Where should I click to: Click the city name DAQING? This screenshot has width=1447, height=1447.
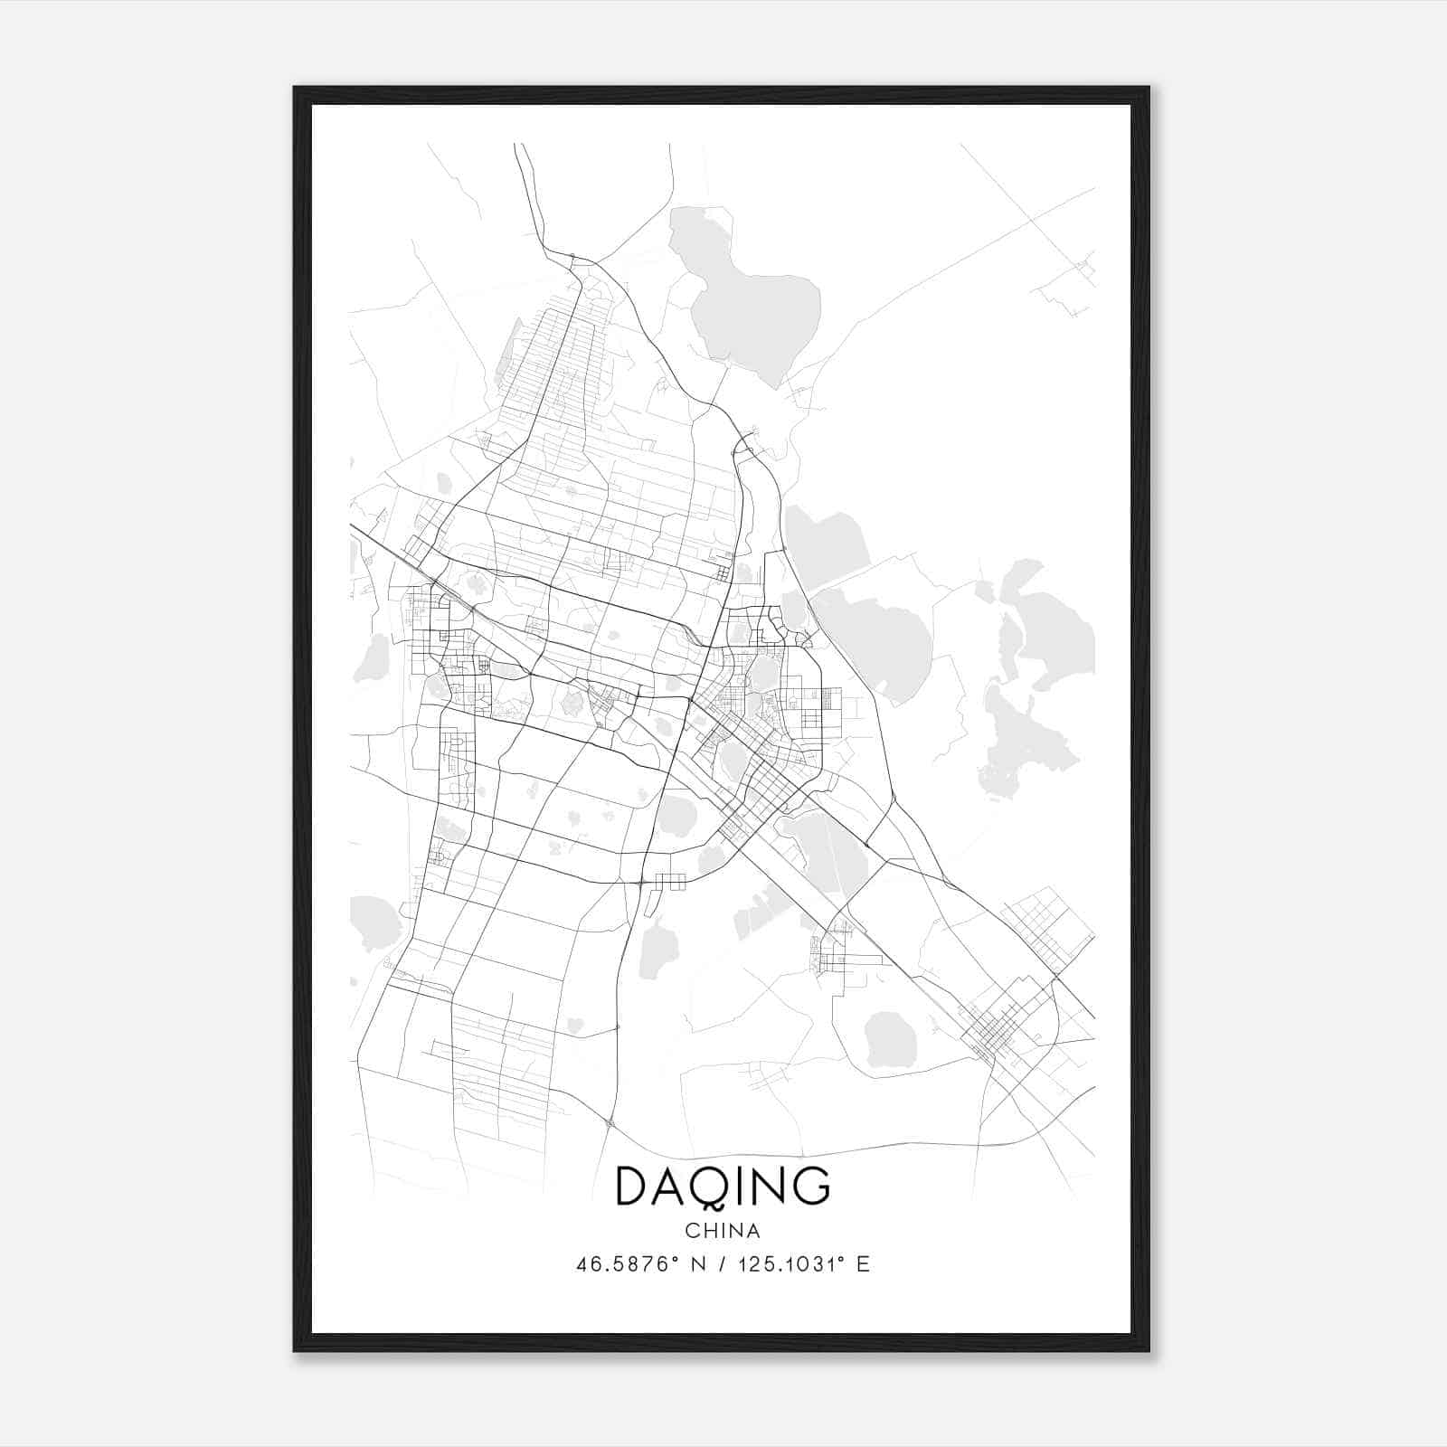click(x=722, y=1186)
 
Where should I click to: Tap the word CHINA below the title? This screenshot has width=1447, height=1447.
click(x=722, y=1231)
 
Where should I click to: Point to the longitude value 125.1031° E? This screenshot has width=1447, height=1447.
click(x=804, y=1264)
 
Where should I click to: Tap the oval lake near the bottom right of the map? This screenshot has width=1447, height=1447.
click(x=891, y=1038)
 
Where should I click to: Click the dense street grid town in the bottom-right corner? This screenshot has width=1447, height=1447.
click(x=999, y=1031)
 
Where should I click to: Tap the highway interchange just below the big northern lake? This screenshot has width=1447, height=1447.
click(x=743, y=444)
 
